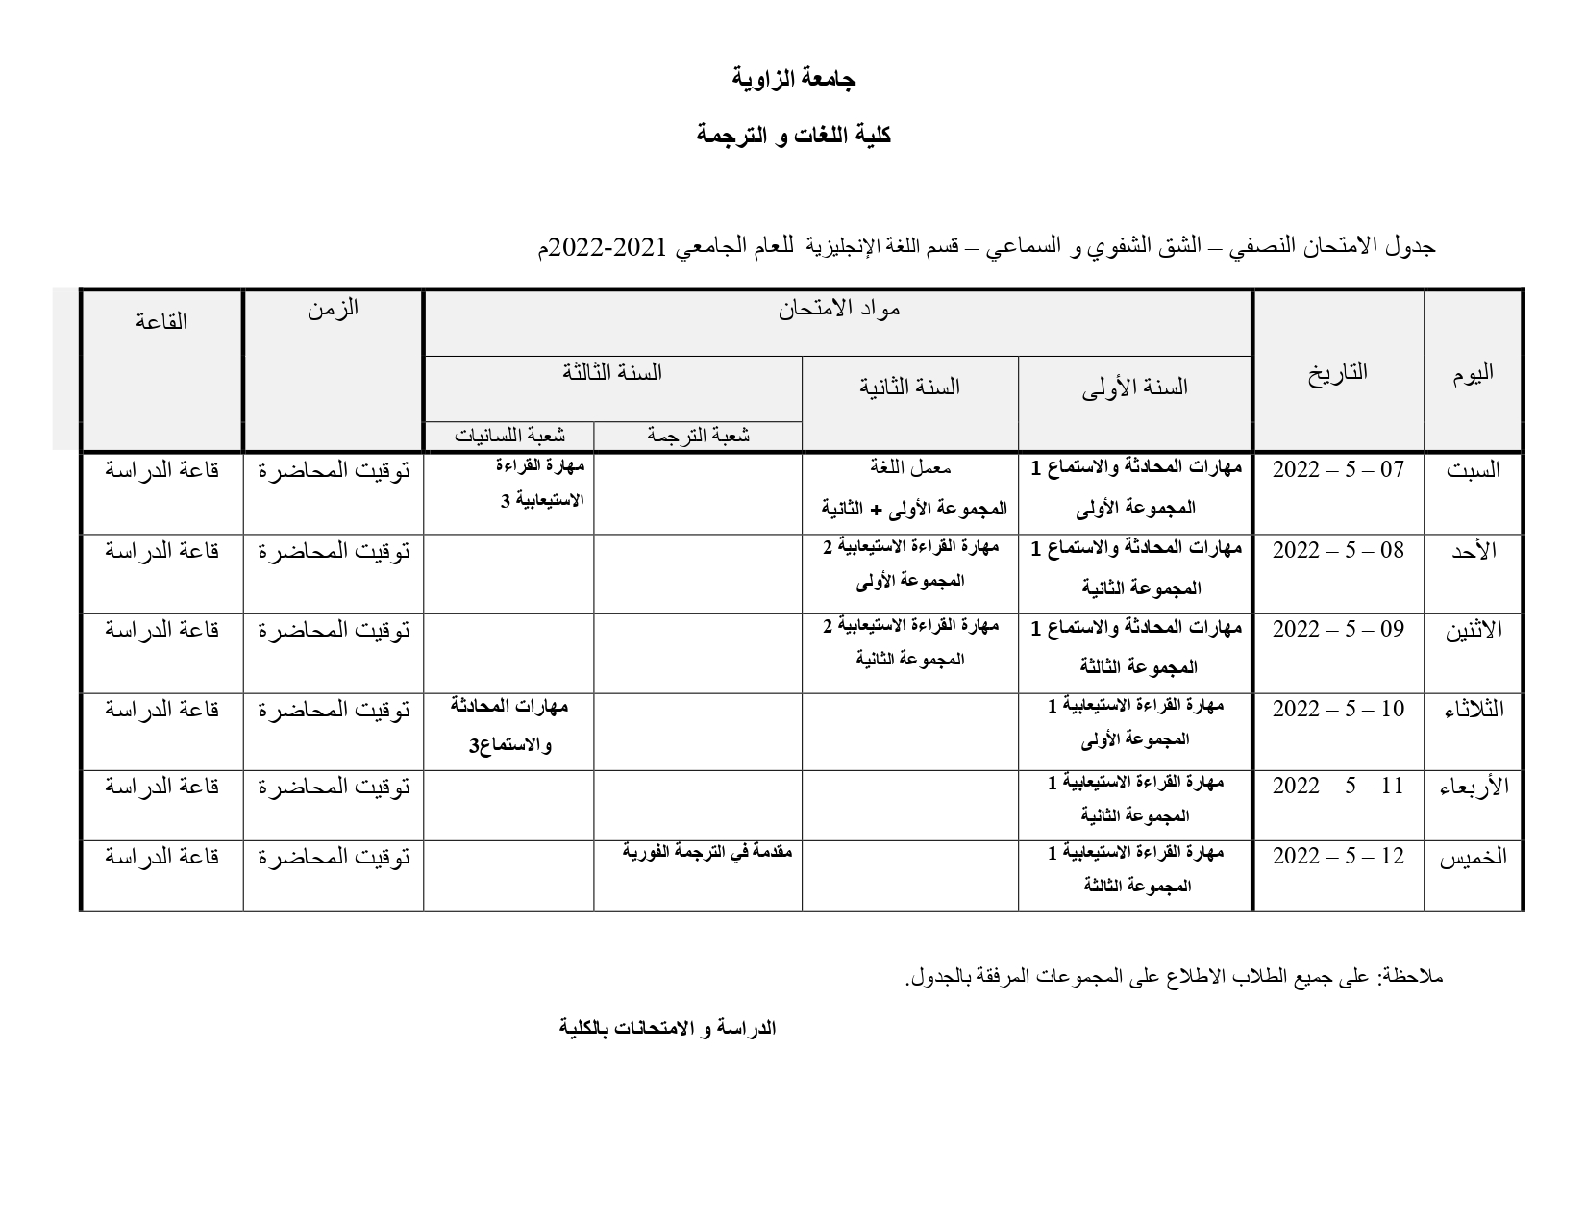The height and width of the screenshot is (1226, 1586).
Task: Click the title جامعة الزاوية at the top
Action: [x=793, y=79]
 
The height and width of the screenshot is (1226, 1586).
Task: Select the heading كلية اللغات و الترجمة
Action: [x=793, y=136]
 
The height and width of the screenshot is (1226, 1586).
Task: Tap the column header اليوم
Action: [x=1473, y=374]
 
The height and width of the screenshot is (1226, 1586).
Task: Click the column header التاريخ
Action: [x=1337, y=372]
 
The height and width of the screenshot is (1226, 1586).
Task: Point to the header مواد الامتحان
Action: [x=838, y=310]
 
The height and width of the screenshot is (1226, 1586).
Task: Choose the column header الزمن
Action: [x=333, y=309]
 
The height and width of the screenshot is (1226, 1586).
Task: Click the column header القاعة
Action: [x=161, y=321]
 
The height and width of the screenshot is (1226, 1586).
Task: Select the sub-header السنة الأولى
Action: [x=1134, y=387]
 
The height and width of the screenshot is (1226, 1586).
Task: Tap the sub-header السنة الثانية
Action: [x=909, y=387]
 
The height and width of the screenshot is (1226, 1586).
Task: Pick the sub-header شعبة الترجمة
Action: [x=698, y=436]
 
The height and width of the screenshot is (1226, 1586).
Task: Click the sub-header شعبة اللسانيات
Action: [x=509, y=436]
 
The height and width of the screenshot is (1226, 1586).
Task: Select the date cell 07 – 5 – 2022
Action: [x=1338, y=470]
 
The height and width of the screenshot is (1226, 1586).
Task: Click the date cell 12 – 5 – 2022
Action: [x=1338, y=856]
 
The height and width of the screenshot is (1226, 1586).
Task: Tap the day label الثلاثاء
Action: [x=1474, y=710]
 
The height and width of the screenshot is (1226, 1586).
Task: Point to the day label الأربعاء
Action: [x=1473, y=787]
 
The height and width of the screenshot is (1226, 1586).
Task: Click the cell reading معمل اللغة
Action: [x=909, y=468]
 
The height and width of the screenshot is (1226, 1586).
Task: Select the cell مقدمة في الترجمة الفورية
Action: [x=706, y=852]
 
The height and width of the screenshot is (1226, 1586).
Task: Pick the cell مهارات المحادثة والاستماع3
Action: [x=508, y=726]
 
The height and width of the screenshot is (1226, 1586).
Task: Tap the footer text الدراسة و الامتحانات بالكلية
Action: [x=668, y=1028]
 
